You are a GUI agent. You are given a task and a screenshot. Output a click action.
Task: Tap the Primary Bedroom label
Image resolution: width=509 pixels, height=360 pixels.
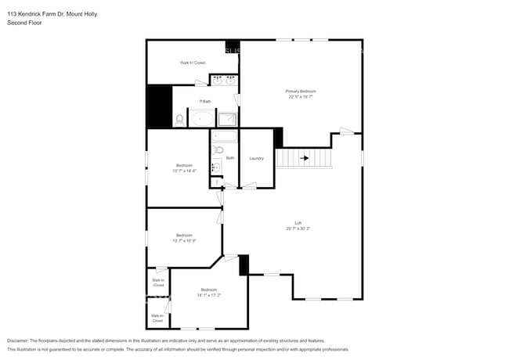tap(301, 92)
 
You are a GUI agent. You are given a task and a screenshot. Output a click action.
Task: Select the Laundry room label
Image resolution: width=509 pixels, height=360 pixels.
tap(256, 158)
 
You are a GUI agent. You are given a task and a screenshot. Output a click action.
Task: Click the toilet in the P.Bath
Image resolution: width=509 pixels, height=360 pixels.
tap(179, 120)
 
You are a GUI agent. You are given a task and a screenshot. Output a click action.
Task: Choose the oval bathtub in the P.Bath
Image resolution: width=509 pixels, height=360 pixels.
tap(201, 120)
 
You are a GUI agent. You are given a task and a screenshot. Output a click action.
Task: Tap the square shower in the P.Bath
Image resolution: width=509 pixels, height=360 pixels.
tap(227, 120)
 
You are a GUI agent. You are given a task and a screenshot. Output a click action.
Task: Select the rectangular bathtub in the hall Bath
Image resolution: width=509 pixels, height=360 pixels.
tap(224, 136)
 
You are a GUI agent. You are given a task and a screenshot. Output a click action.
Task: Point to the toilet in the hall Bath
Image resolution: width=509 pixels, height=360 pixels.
tap(218, 149)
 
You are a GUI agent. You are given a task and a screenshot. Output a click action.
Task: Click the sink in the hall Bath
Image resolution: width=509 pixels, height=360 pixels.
tap(215, 167)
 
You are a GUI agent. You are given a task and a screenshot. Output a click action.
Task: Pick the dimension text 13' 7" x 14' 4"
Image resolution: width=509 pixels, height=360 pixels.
tap(184, 170)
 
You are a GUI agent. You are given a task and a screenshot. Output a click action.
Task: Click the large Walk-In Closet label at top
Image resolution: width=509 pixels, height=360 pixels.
tap(192, 63)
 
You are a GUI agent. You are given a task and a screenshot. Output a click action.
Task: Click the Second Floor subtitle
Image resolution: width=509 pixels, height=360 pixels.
tap(24, 23)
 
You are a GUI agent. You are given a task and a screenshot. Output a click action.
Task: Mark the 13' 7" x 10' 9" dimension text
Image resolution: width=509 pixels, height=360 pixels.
tap(184, 240)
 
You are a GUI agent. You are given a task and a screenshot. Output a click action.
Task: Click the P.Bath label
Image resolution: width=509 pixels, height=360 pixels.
tap(205, 101)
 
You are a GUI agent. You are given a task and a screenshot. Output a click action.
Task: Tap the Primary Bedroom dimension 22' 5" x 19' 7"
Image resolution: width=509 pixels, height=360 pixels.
tap(301, 97)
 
